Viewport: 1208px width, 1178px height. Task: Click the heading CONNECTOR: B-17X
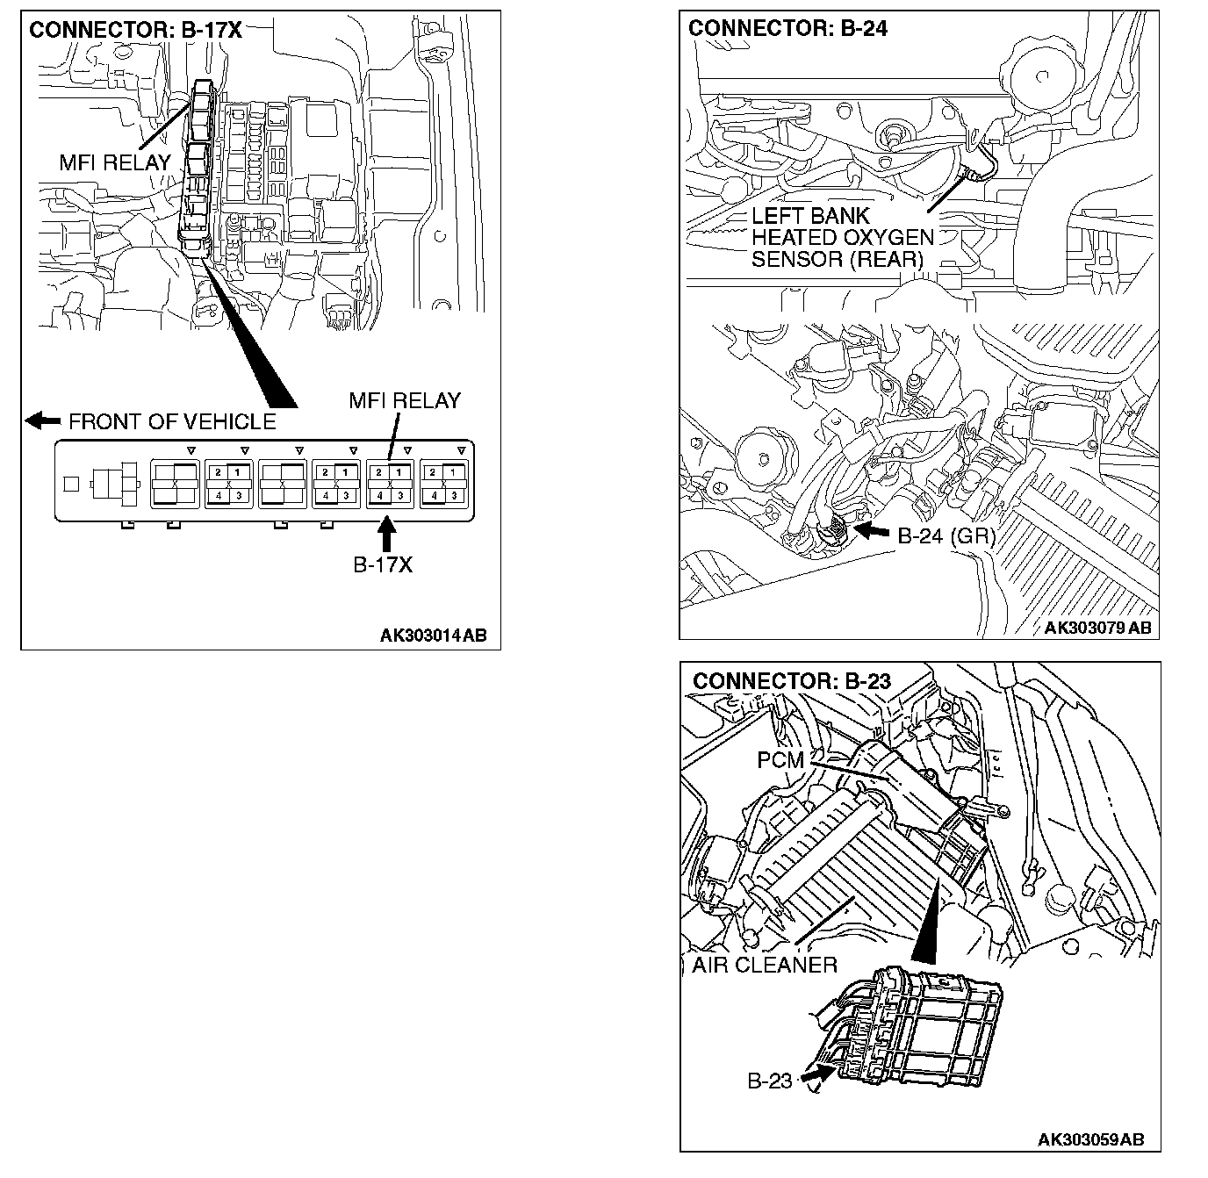pyautogui.click(x=135, y=30)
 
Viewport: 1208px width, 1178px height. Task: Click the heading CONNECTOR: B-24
pyautogui.click(x=787, y=28)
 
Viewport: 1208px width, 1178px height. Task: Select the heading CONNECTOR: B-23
pyautogui.click(x=791, y=680)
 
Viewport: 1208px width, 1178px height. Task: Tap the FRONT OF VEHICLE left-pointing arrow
pyautogui.click(x=42, y=420)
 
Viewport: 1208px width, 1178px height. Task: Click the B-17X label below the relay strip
pyautogui.click(x=383, y=564)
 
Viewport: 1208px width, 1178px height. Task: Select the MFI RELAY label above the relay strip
pyautogui.click(x=404, y=401)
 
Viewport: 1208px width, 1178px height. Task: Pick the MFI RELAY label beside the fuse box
pyautogui.click(x=114, y=162)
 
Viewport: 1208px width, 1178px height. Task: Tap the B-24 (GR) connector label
pyautogui.click(x=946, y=535)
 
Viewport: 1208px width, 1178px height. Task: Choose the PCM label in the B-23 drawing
pyautogui.click(x=780, y=760)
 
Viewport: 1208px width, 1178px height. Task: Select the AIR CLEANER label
pyautogui.click(x=765, y=965)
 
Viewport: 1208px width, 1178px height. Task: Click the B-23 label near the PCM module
pyautogui.click(x=770, y=1081)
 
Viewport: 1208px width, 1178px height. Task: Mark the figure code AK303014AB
pyautogui.click(x=433, y=636)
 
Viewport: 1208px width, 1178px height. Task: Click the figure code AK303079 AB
pyautogui.click(x=1097, y=628)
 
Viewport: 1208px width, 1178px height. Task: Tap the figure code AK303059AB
pyautogui.click(x=1090, y=1139)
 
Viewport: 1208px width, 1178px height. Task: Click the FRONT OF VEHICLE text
pyautogui.click(x=172, y=421)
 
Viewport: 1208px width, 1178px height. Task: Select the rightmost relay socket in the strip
pyautogui.click(x=442, y=484)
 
